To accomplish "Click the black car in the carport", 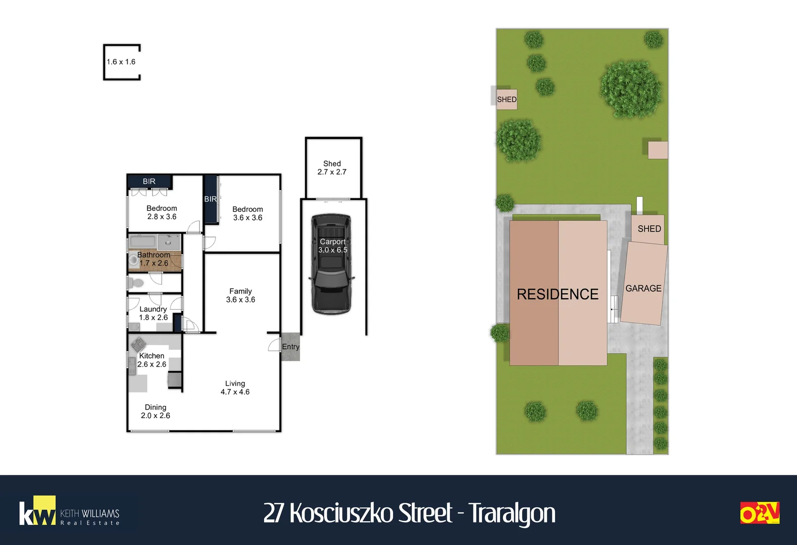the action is (332, 264).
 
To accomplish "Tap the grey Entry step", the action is (290, 347).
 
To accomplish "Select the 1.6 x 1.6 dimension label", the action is (121, 62).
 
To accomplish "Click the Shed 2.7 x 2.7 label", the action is (332, 168).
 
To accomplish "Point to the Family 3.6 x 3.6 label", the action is (240, 295).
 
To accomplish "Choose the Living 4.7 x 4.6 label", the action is (235, 388).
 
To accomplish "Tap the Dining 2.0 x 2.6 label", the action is (156, 411).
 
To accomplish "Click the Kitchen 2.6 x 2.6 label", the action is (152, 360).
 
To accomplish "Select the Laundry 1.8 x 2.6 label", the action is (153, 313).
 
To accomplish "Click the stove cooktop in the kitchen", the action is (138, 344).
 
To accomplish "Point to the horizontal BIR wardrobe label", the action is (149, 181).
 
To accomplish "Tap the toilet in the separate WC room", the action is (135, 283).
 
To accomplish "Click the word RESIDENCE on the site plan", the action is (558, 294).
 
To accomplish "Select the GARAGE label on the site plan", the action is (643, 288).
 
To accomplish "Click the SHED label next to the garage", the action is (650, 229).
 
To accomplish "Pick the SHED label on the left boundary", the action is (507, 99).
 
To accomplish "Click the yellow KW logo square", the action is (44, 510).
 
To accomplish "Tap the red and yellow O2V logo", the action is (760, 513).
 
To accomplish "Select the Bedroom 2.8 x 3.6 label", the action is (162, 212).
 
